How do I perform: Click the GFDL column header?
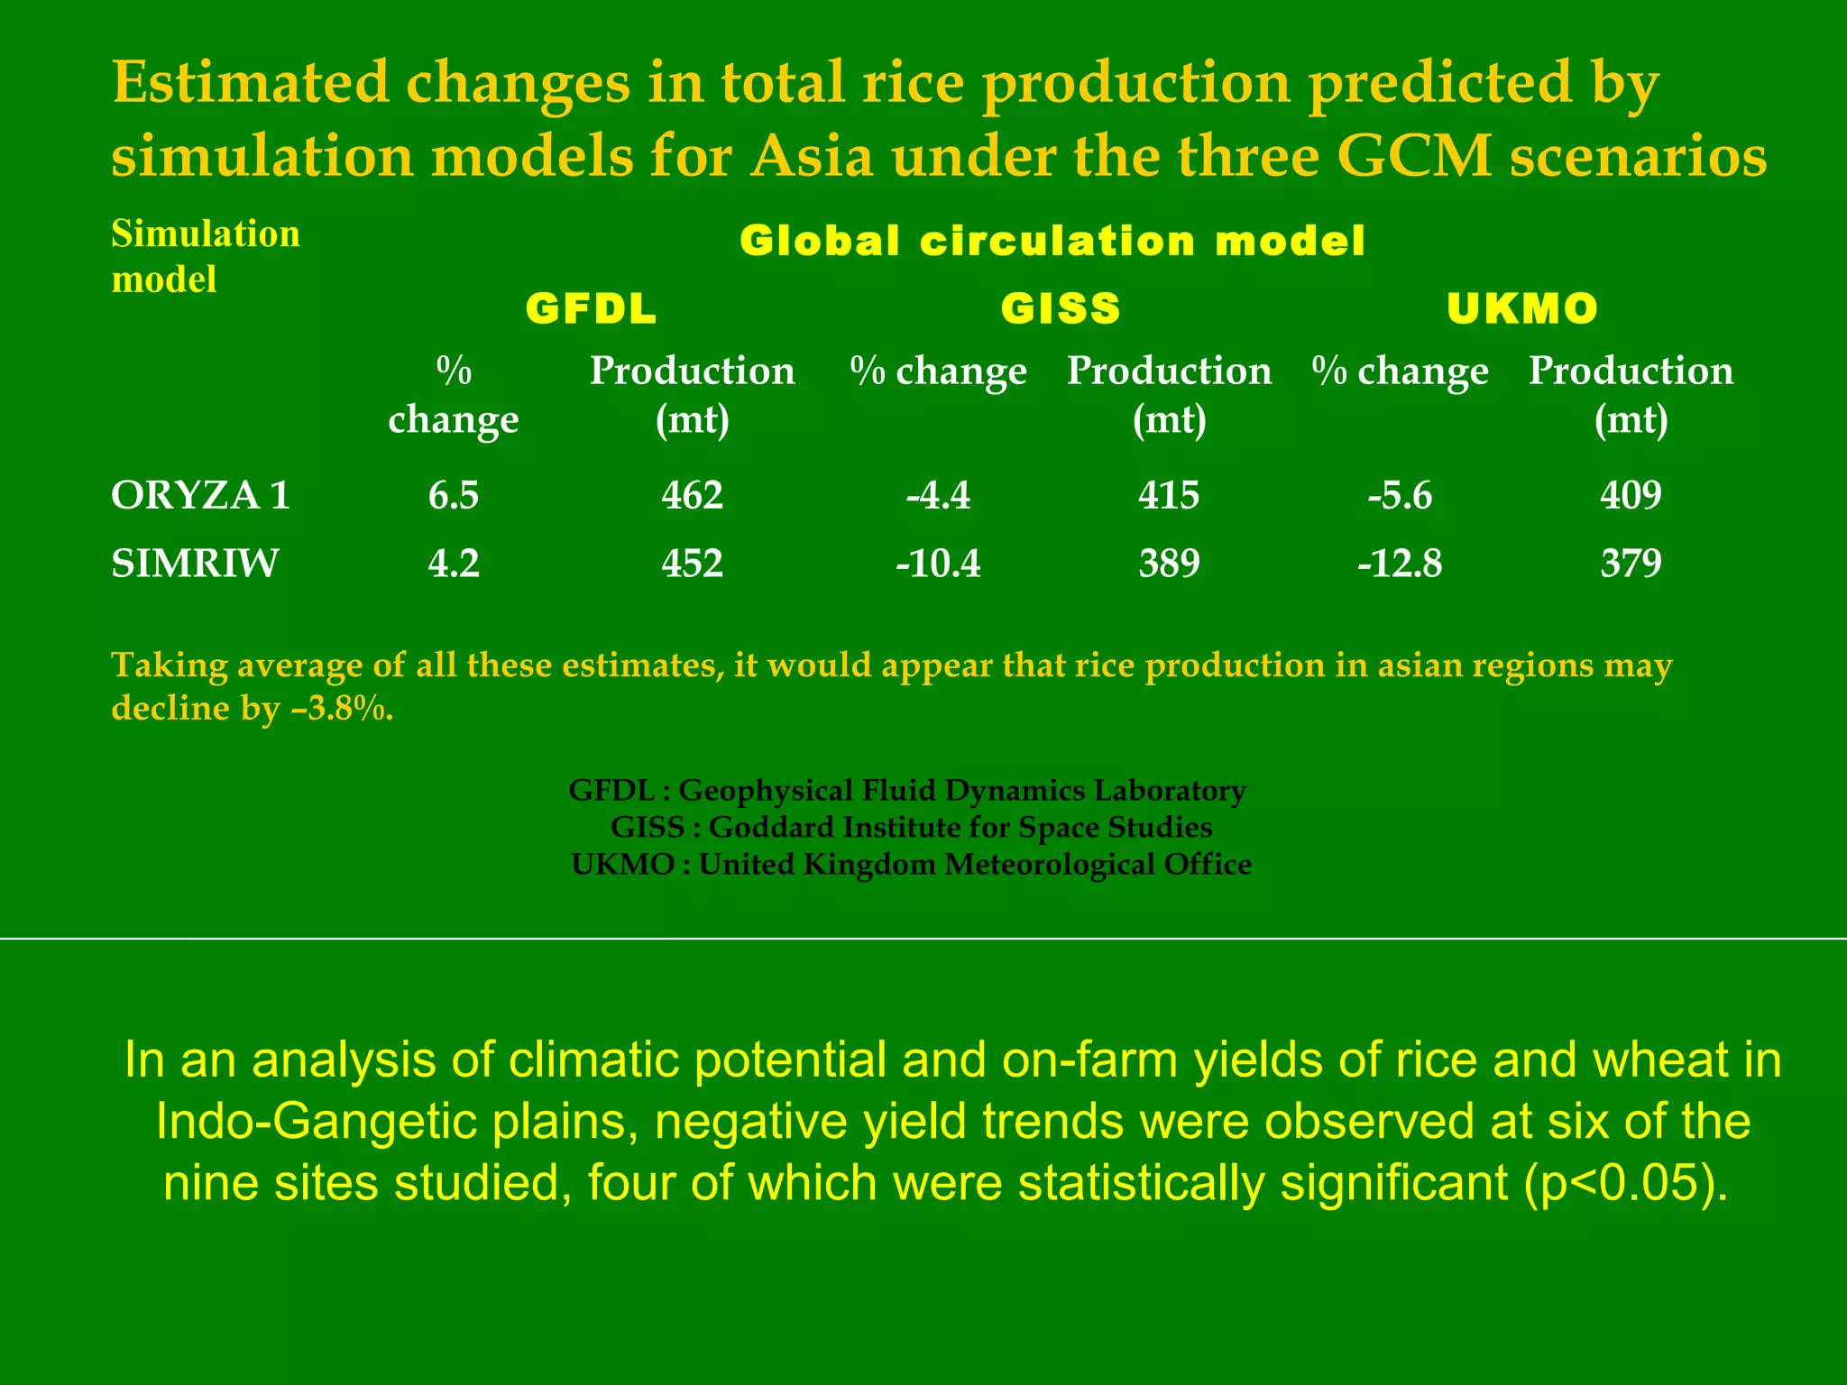click(591, 309)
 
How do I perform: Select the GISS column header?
click(1061, 309)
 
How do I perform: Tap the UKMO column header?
click(1522, 309)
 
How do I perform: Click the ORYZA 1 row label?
click(200, 495)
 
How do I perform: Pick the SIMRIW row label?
click(195, 564)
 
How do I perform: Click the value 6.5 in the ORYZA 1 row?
click(453, 495)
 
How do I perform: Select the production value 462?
click(692, 495)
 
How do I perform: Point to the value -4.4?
click(938, 495)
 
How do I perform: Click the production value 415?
click(1169, 495)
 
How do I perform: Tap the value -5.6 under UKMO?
click(1399, 495)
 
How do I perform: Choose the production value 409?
click(1631, 495)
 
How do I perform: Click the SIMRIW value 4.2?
click(453, 564)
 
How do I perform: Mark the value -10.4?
click(938, 564)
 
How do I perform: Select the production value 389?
click(1169, 564)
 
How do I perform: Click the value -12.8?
click(1399, 564)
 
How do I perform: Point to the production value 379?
click(1631, 564)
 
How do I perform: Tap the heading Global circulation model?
click(1052, 241)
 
